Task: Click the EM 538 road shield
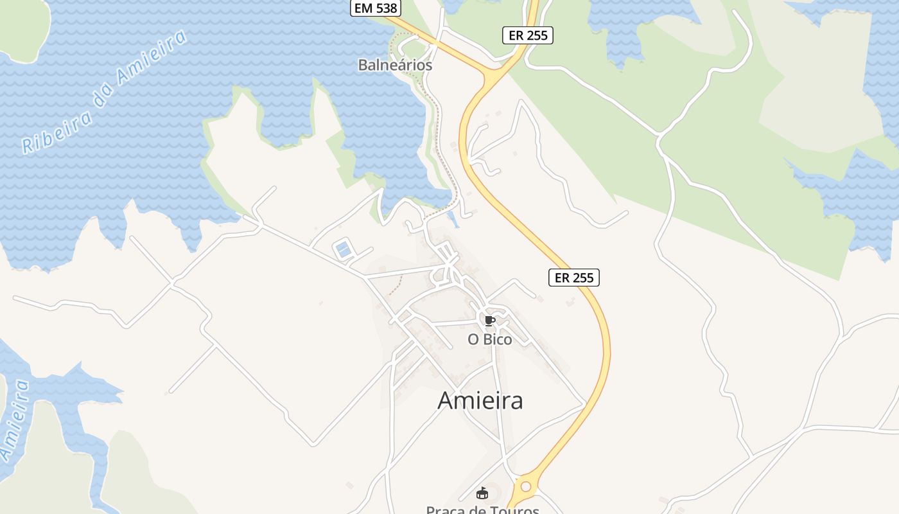click(376, 8)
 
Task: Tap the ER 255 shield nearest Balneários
click(528, 35)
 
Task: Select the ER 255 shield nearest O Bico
click(574, 278)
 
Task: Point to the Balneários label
click(395, 65)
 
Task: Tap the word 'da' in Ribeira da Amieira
click(104, 91)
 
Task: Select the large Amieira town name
click(480, 400)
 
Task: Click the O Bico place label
click(490, 339)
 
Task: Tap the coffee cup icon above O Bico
click(490, 321)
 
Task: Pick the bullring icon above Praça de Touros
click(482, 493)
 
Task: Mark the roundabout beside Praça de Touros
click(526, 486)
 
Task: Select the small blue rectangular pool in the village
click(344, 249)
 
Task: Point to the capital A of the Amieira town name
click(446, 400)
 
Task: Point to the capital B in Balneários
click(362, 65)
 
